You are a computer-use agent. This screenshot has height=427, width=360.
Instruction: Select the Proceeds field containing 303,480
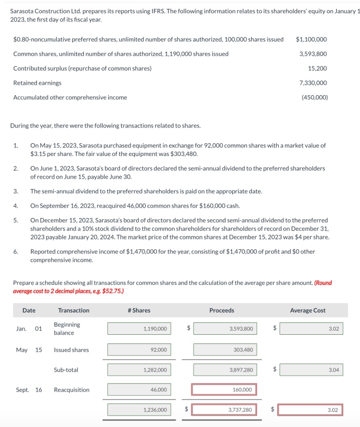pos(225,350)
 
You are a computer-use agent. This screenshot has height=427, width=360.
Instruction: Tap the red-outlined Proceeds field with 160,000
pos(225,390)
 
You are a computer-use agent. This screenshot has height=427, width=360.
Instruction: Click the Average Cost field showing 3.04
pos(311,370)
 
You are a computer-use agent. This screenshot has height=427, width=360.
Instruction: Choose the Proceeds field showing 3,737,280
pos(225,410)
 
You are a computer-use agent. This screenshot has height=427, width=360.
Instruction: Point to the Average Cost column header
pos(308,310)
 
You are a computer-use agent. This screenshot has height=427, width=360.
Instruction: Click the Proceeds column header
pos(221,310)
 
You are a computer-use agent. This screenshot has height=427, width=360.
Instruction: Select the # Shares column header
pos(139,310)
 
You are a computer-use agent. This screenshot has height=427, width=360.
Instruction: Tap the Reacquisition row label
pos(72,390)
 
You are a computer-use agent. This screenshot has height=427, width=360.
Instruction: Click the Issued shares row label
pos(71,350)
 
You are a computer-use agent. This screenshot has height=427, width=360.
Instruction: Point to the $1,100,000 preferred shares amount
pos(311,39)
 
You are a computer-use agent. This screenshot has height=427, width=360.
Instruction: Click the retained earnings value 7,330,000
pos(313,83)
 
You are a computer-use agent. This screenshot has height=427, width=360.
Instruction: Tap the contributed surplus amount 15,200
pos(318,68)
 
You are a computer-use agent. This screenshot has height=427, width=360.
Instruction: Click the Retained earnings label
pos(37,83)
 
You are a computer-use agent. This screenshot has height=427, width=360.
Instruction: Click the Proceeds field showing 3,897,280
pos(225,370)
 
